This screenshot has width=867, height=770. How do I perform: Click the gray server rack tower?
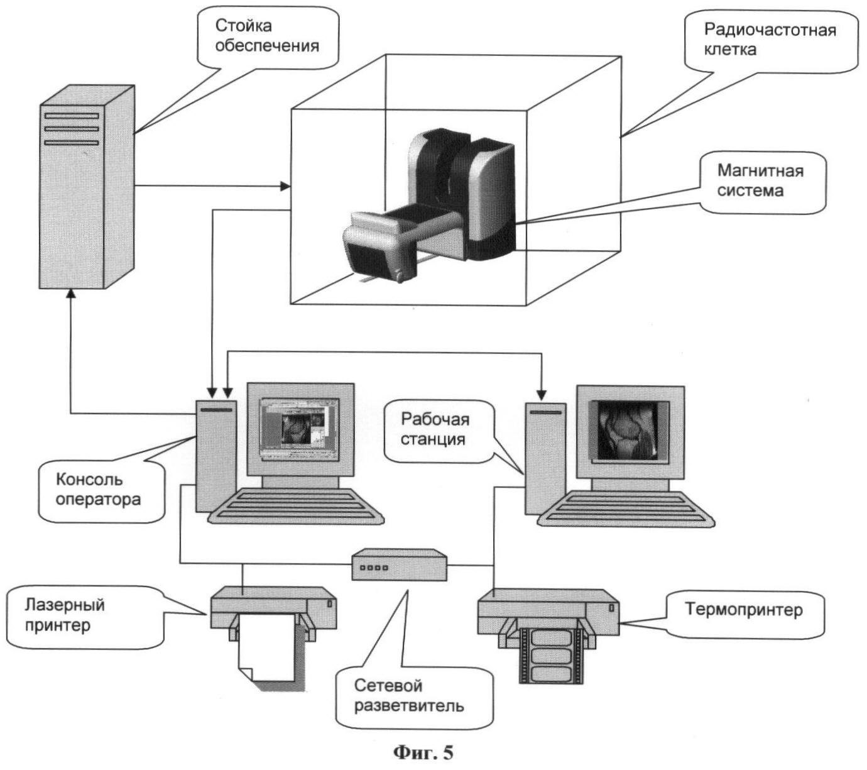click(87, 189)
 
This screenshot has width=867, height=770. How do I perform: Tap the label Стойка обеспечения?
click(267, 36)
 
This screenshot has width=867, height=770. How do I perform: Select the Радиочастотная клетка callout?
click(770, 40)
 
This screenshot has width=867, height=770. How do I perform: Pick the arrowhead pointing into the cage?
click(285, 186)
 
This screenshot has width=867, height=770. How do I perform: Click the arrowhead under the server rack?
click(71, 294)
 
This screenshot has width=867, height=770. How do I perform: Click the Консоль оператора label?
click(98, 490)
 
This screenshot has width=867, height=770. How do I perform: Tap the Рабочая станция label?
click(435, 429)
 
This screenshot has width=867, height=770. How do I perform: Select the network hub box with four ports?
click(400, 565)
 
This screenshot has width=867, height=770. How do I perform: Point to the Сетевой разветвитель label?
click(409, 695)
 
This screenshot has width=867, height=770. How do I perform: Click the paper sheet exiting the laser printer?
click(267, 651)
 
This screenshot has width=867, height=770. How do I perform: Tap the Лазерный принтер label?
click(65, 615)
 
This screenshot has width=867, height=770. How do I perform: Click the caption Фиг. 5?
click(423, 752)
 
